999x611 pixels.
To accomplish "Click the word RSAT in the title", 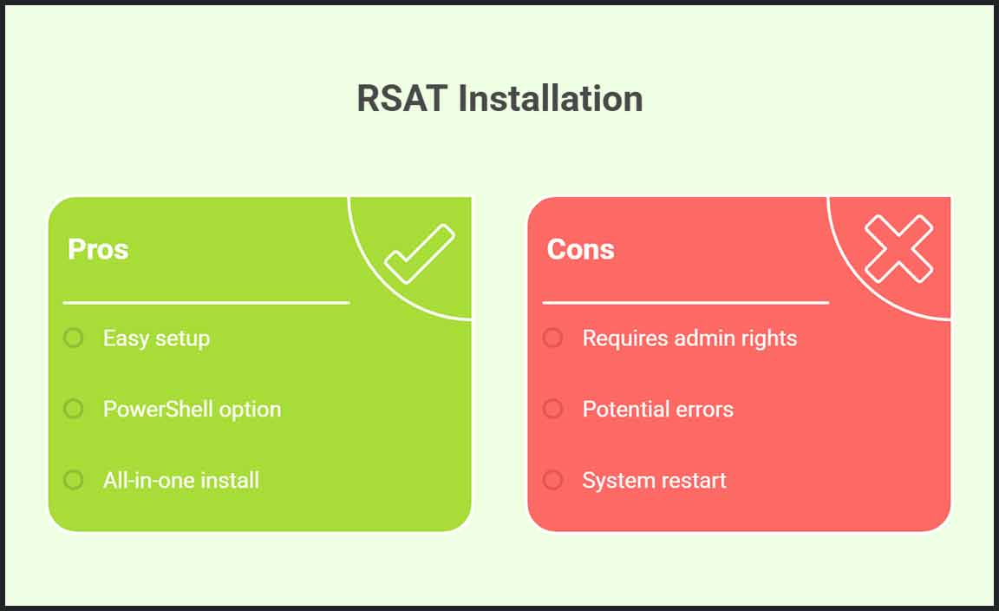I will (402, 99).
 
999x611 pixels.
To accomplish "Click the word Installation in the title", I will (550, 99).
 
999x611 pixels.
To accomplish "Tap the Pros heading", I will (98, 249).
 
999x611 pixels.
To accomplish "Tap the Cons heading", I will (580, 249).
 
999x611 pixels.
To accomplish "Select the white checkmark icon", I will (420, 253).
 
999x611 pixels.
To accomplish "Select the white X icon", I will (899, 248).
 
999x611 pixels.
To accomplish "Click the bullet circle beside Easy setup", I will (74, 338).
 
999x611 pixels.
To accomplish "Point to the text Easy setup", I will (156, 338).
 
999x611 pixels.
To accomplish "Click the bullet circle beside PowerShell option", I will (74, 409).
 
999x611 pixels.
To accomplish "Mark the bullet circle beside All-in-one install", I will (74, 480).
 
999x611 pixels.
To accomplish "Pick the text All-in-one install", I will (181, 480).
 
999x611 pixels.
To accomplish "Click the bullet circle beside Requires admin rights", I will (552, 338).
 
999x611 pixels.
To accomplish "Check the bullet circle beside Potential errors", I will (552, 409).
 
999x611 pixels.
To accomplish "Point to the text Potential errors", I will (657, 409).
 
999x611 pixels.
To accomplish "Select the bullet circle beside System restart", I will (552, 480).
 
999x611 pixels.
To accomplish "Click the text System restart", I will (654, 480).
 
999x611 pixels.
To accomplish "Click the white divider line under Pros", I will (206, 303).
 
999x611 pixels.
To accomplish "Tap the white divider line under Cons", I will (685, 303).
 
